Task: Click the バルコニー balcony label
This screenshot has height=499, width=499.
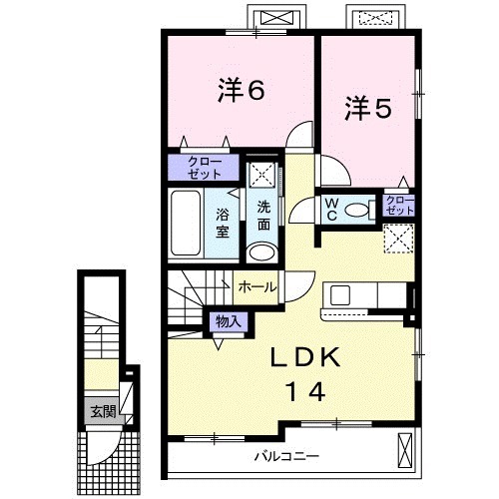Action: pyautogui.click(x=285, y=456)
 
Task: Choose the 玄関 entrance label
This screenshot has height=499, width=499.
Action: pyautogui.click(x=102, y=410)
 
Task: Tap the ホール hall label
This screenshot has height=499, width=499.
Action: pyautogui.click(x=257, y=286)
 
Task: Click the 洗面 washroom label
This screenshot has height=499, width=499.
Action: pyautogui.click(x=262, y=216)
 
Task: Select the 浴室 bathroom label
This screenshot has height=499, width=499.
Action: pyautogui.click(x=224, y=221)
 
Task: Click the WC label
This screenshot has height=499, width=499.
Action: pyautogui.click(x=331, y=210)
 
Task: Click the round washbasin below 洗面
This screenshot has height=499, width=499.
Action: pyautogui.click(x=261, y=251)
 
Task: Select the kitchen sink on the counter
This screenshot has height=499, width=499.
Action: pyautogui.click(x=340, y=295)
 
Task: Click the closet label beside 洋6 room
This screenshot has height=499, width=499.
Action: pyautogui.click(x=203, y=166)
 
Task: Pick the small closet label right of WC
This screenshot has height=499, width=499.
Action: pyautogui.click(x=399, y=207)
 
